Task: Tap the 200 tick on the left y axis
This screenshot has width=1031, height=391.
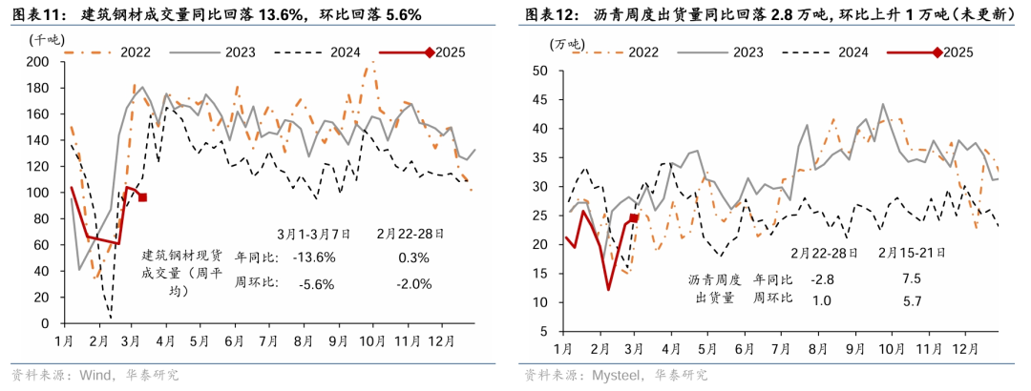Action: (x=38, y=62)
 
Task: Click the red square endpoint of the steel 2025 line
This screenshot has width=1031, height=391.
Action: (x=142, y=197)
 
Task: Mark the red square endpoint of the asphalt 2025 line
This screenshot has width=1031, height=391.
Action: (x=634, y=218)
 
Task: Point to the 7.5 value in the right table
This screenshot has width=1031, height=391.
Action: (x=912, y=278)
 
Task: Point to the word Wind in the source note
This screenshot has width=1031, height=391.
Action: (x=95, y=375)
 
